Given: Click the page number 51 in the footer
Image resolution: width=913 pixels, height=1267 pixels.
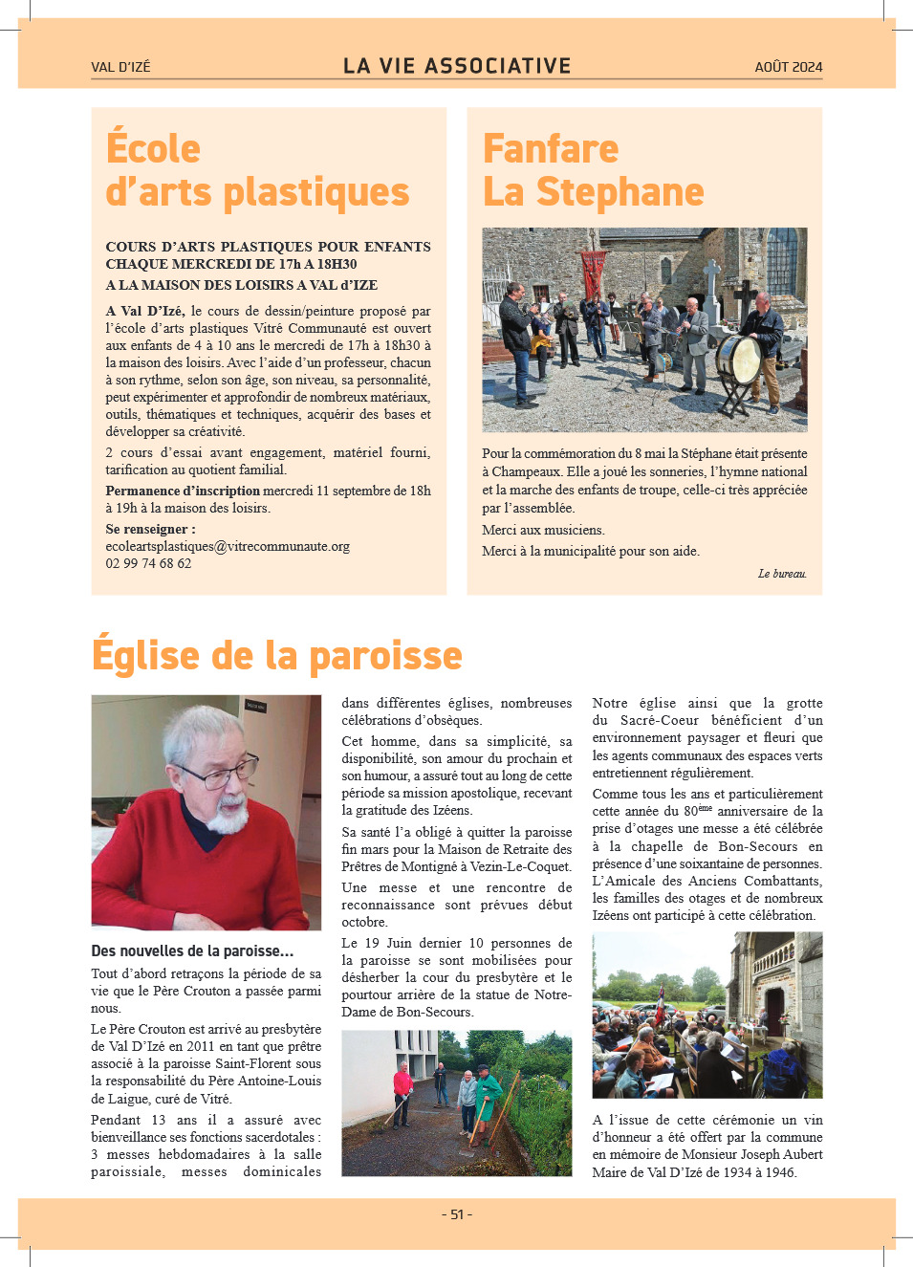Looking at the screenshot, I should pos(457,1214).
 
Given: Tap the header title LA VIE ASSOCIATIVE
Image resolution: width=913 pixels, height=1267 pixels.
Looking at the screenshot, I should pos(457,66).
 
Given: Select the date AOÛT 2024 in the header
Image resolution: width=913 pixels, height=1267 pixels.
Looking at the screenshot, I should pos(788,67).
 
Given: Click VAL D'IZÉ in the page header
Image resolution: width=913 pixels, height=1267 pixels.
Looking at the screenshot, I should pos(120,67).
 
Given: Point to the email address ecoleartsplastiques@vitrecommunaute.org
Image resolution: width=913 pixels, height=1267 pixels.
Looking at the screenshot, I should pos(228,546).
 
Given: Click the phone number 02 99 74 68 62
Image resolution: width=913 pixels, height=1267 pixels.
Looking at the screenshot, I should pos(148,563).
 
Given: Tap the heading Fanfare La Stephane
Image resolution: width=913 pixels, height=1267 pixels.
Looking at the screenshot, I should pos(593,170).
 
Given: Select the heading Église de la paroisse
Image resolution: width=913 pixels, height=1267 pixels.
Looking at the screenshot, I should pos(276,656).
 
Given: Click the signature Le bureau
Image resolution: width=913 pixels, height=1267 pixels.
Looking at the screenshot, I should pos(782,574).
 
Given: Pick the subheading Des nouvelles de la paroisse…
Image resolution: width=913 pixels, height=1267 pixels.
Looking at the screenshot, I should pos(192,950).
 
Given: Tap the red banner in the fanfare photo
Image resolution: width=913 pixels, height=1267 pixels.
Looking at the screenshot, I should pos(594,270).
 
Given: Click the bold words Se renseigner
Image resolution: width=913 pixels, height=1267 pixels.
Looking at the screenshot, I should pos(150,529).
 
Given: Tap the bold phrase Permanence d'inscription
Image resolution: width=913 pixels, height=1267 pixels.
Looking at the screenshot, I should pos(183,491).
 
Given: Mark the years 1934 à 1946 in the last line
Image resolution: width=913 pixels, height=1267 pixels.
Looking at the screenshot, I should pos(751,1172).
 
